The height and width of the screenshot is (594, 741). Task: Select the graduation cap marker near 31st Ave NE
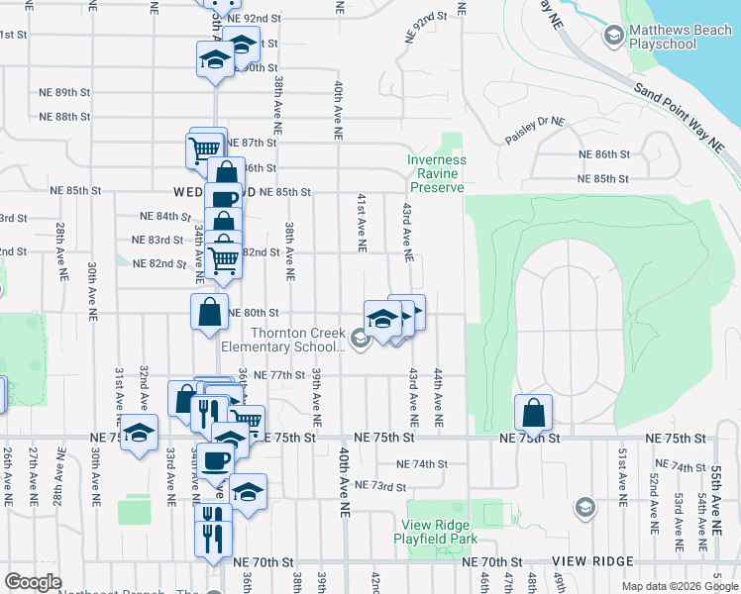(x=140, y=434)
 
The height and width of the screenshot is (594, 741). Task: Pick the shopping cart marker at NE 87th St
(x=204, y=150)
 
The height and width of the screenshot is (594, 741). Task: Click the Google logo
(x=33, y=582)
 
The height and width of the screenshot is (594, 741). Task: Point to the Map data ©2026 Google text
(x=679, y=586)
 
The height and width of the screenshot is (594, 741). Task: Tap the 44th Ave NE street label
(x=437, y=390)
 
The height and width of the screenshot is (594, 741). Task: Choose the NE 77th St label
(x=277, y=375)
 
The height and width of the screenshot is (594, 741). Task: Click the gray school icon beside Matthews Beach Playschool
(x=612, y=38)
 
